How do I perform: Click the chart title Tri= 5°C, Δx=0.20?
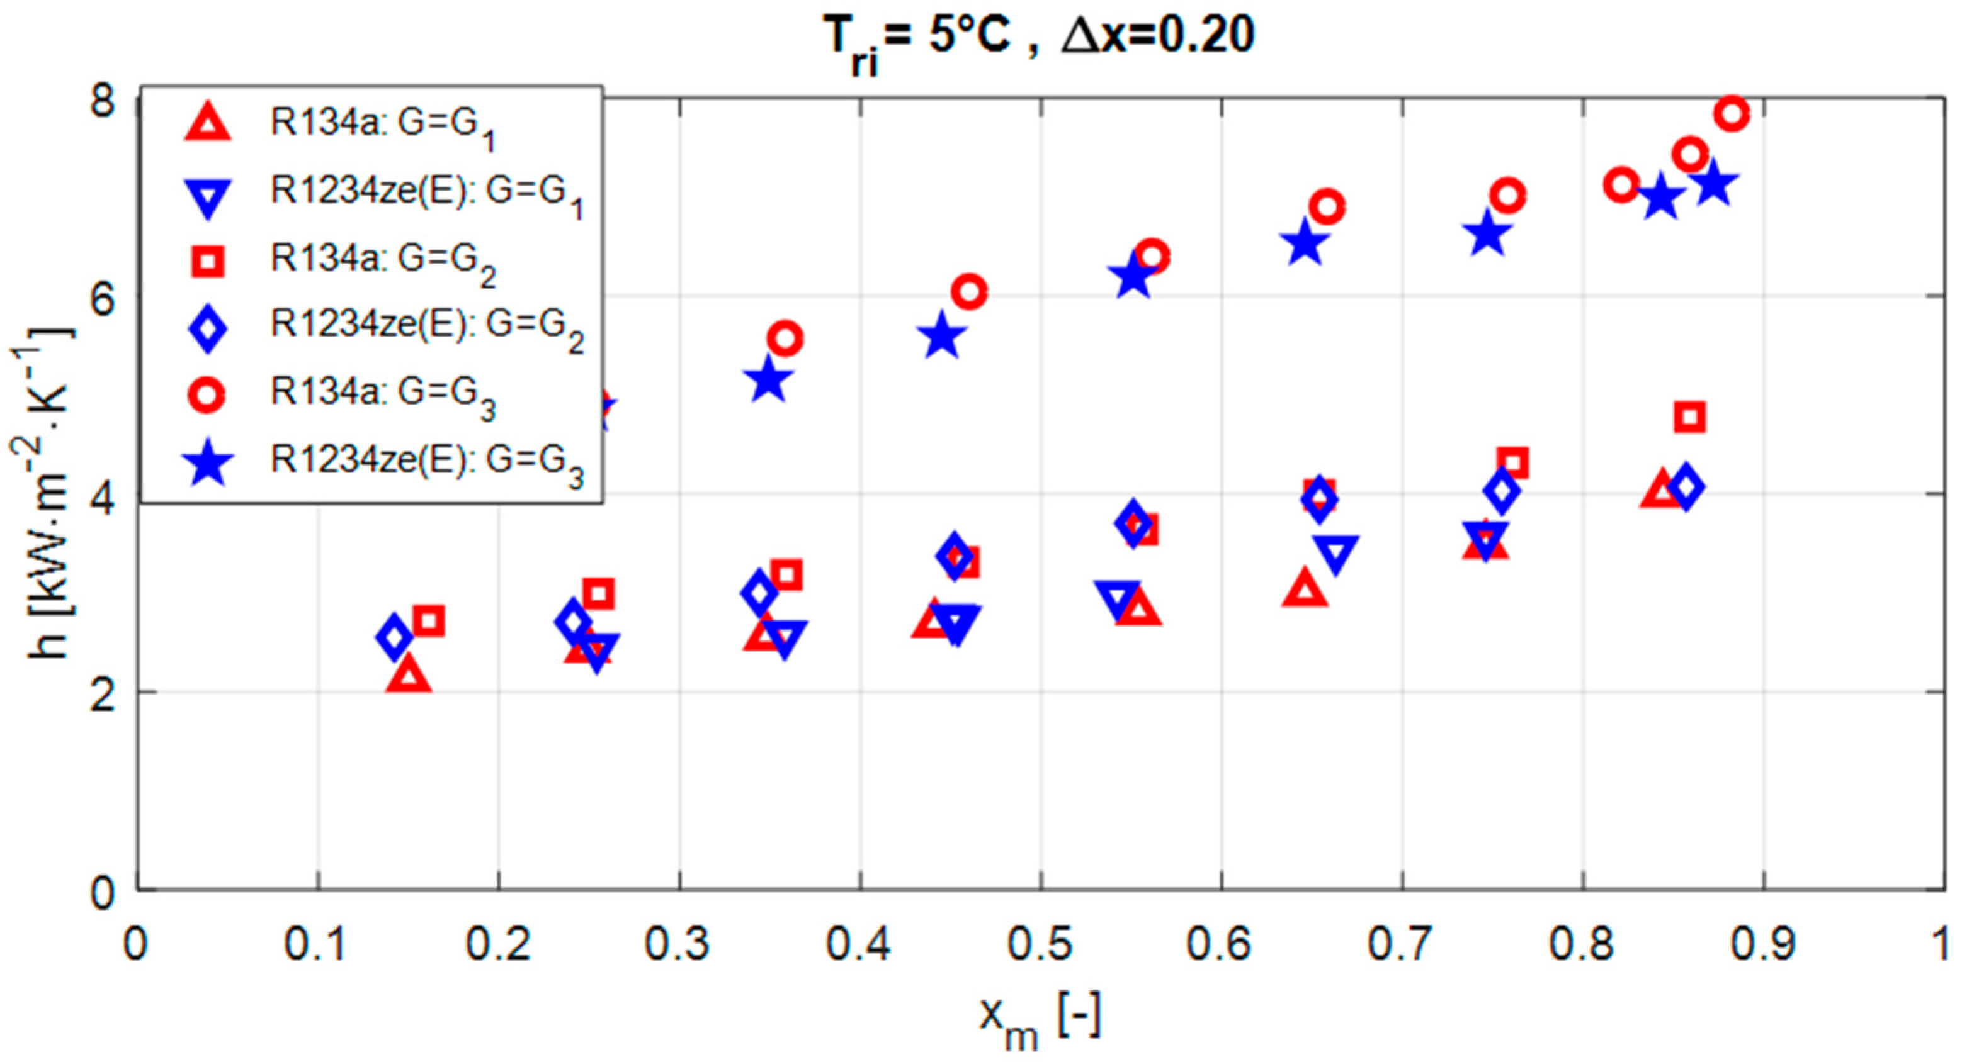click(x=1040, y=38)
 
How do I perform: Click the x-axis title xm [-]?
click(x=1040, y=1019)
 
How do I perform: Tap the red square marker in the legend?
click(x=208, y=261)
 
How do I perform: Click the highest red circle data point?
click(x=1732, y=115)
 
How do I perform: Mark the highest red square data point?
click(x=1690, y=416)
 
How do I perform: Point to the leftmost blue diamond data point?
click(x=394, y=637)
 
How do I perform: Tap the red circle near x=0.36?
click(x=785, y=338)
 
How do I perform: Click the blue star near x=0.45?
click(x=942, y=337)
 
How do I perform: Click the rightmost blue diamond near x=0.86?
click(x=1685, y=486)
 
